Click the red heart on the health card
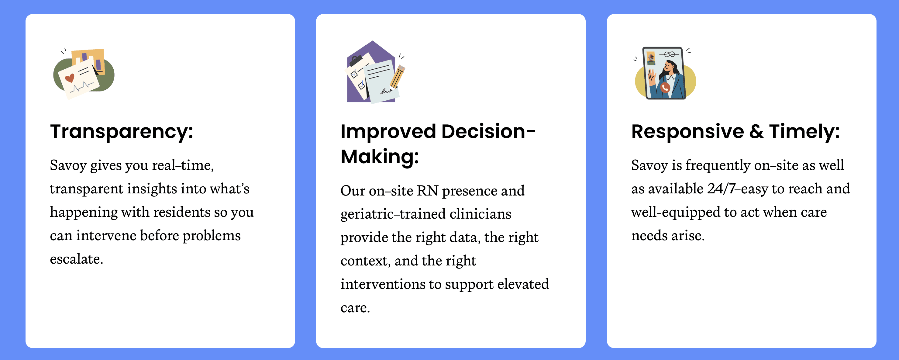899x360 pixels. tap(70, 78)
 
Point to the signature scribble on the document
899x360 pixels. tap(386, 91)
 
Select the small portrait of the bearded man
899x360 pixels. tap(651, 58)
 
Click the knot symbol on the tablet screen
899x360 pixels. tap(669, 54)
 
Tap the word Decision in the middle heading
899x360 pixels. tap(488, 131)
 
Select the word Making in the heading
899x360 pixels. tap(379, 157)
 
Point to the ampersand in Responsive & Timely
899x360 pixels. tap(756, 132)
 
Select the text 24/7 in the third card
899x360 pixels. tap(722, 189)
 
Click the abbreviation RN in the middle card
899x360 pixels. tap(428, 191)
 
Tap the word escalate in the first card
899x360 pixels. tap(76, 259)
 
